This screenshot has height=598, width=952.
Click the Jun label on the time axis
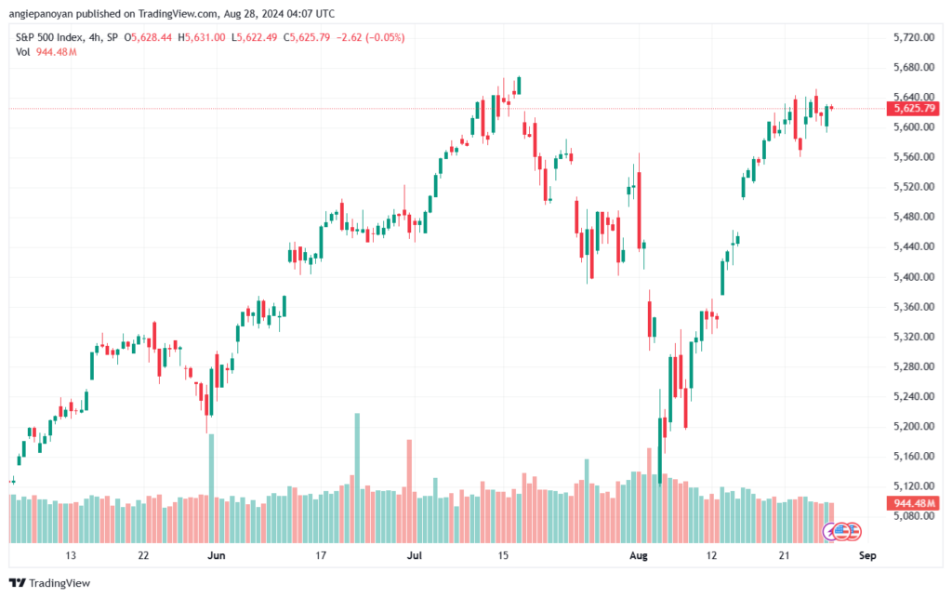(216, 556)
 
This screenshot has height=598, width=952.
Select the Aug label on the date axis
(638, 556)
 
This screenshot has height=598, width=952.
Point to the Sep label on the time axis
(867, 556)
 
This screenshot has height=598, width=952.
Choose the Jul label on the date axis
(414, 556)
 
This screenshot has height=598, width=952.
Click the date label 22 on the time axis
(143, 556)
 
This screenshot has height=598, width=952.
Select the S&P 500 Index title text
(54, 37)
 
